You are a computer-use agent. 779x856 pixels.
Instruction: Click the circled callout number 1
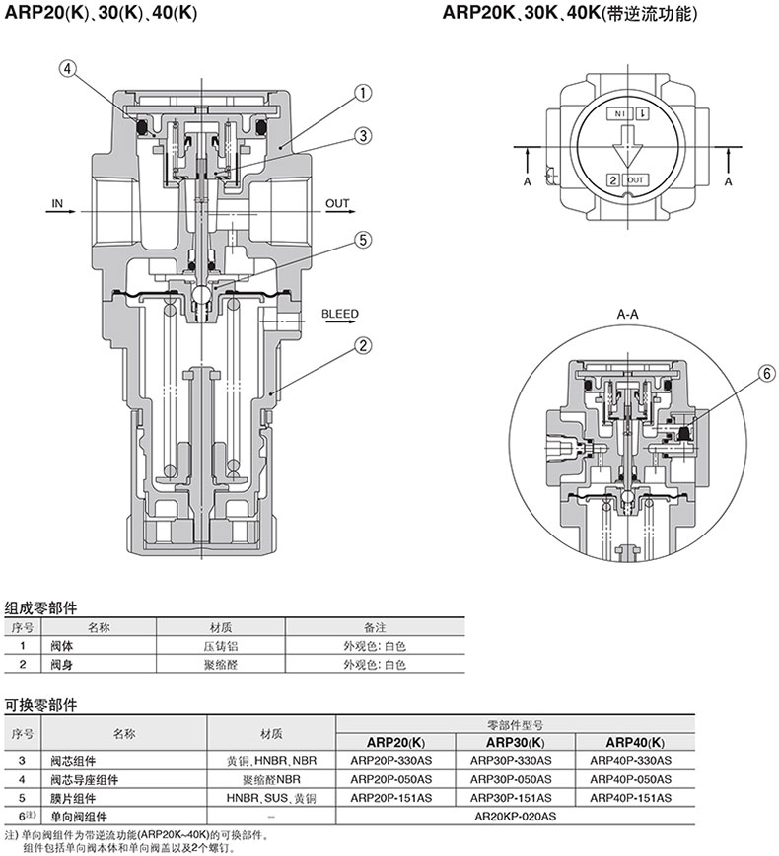[363, 94]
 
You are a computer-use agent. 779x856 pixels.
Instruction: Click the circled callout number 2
[363, 345]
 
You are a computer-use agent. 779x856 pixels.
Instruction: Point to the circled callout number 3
[363, 135]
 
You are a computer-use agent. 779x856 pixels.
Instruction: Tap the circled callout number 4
[67, 69]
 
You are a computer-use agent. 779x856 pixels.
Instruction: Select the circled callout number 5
[363, 240]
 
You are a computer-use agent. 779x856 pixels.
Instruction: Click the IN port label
[57, 204]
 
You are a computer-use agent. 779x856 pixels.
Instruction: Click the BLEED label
[339, 314]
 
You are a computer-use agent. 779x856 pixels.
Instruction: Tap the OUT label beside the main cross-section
[338, 204]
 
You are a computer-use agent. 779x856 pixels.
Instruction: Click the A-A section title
[628, 314]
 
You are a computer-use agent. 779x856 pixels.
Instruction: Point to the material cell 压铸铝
[220, 646]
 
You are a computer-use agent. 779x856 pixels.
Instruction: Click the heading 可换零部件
[40, 705]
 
